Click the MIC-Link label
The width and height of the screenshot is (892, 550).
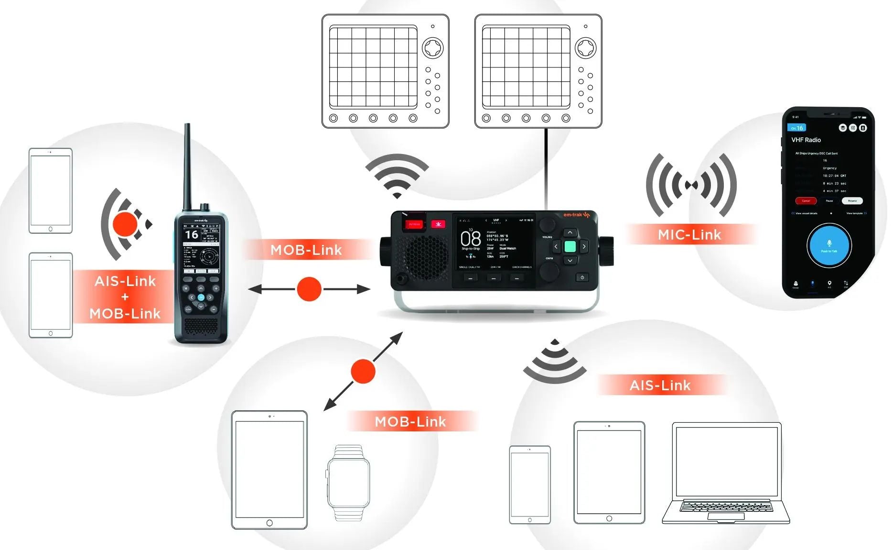[x=689, y=235]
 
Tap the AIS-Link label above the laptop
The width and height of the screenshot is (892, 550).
[x=660, y=385]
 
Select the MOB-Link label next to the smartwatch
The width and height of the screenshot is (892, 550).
[x=410, y=421]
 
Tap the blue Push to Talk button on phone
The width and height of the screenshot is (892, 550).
[x=829, y=245]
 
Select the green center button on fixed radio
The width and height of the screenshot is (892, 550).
[x=570, y=247]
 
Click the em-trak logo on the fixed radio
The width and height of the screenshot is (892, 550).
[x=576, y=215]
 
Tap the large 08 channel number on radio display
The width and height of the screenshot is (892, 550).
[x=470, y=238]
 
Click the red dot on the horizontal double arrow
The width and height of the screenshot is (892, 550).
[x=309, y=289]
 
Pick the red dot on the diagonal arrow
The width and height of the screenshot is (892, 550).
[x=363, y=371]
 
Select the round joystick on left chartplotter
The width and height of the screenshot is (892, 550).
[x=433, y=48]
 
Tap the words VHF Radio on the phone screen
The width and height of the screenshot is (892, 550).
[x=806, y=140]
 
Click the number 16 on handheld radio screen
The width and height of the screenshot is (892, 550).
[x=192, y=234]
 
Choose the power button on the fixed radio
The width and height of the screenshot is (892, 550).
[x=581, y=277]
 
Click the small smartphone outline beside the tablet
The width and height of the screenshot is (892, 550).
[x=529, y=484]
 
